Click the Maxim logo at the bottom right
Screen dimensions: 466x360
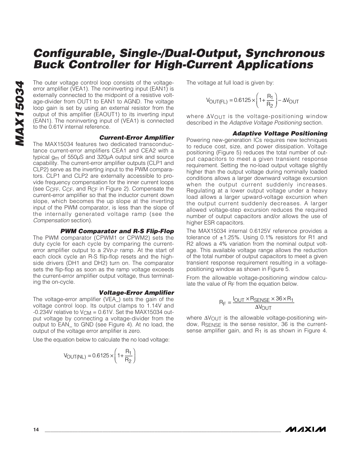305,429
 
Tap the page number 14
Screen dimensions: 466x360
36,430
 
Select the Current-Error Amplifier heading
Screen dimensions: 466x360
137,138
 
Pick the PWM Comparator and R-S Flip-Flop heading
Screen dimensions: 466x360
117,231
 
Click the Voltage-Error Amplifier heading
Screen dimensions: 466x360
136,293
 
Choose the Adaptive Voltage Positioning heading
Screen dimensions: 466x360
280,134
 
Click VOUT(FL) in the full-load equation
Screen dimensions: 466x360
217,101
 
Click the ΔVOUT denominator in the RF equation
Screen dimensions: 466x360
263,308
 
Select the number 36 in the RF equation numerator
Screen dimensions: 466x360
279,299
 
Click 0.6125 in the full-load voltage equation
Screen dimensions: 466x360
242,100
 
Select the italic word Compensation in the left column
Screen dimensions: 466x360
51,220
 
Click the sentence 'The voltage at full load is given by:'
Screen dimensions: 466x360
230,83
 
